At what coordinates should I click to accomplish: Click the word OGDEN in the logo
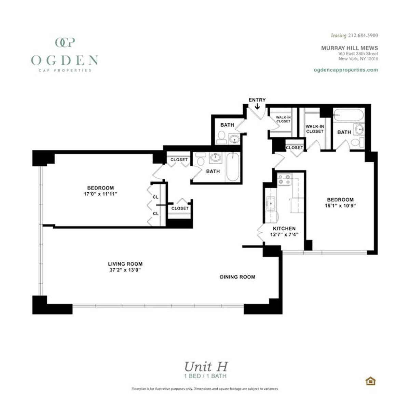click(65, 60)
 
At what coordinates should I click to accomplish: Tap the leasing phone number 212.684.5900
click(363, 35)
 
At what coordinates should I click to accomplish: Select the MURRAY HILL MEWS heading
click(349, 48)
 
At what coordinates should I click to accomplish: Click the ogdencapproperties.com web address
click(345, 70)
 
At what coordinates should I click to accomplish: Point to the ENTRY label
click(257, 100)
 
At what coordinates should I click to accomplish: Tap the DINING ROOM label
click(237, 277)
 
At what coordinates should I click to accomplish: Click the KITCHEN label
click(284, 228)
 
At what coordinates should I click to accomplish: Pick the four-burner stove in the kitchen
click(284, 179)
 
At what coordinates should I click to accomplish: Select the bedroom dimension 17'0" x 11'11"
click(100, 194)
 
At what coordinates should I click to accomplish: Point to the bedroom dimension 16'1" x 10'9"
click(340, 206)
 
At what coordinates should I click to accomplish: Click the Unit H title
click(206, 367)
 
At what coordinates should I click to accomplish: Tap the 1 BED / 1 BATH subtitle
click(205, 376)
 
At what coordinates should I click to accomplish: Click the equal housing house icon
click(370, 381)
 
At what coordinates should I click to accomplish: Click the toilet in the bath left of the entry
click(221, 138)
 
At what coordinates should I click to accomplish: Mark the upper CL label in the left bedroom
click(156, 197)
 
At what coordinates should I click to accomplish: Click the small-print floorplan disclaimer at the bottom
click(205, 389)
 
